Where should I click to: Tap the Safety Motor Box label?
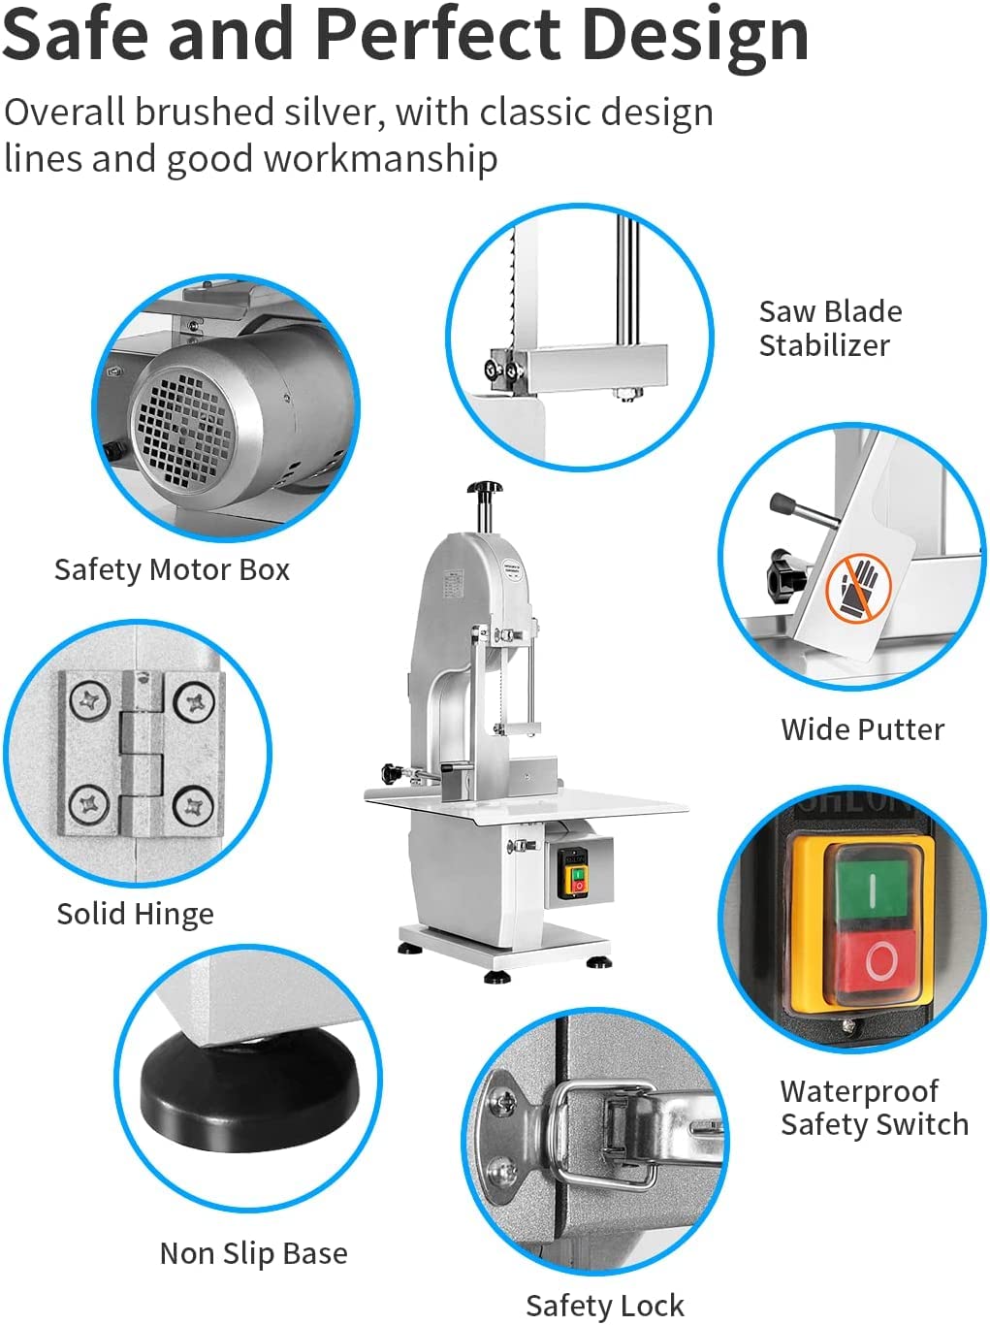(172, 569)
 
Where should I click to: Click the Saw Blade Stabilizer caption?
(829, 328)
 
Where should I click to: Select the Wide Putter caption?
(862, 729)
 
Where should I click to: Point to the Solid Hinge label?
(135, 914)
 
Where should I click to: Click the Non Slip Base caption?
(253, 1253)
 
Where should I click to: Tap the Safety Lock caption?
(604, 1306)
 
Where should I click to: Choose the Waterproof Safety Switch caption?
(873, 1108)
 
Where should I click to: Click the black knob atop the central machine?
(484, 488)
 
